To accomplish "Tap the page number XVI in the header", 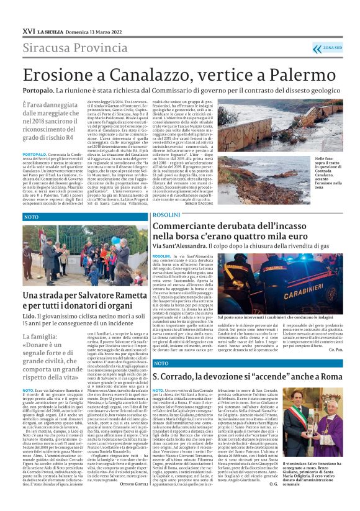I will point(28,30).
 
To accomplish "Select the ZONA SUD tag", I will point(332,47).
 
